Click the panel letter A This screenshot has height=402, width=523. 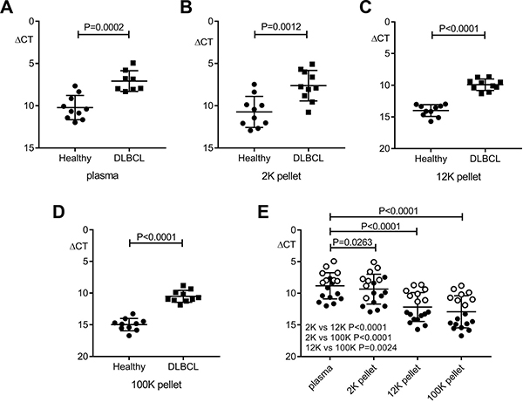8,9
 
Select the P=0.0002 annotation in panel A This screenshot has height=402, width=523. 103,27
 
